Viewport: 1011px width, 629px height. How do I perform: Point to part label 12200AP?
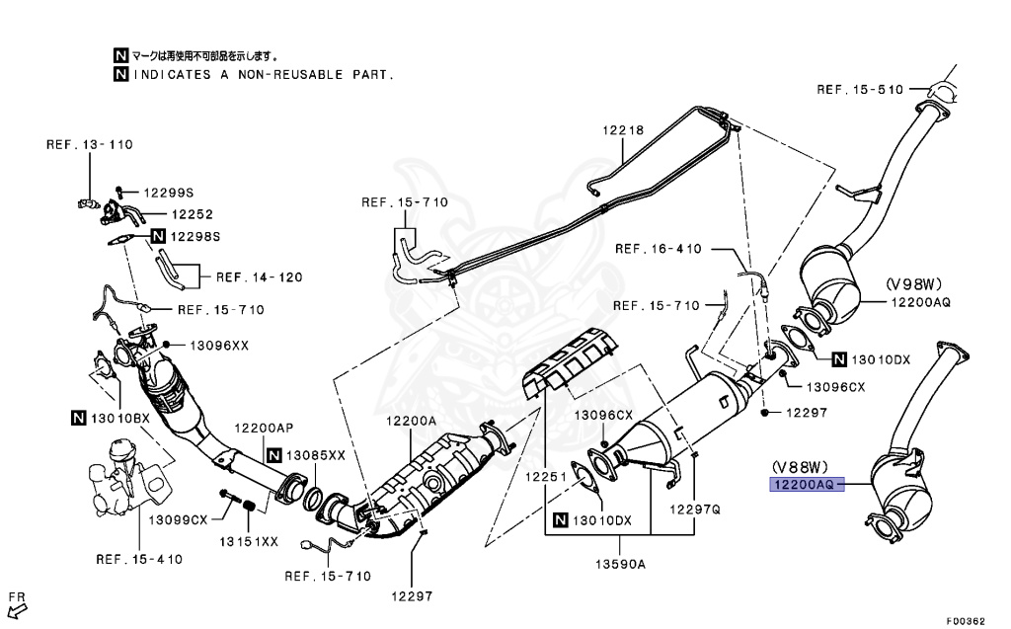point(264,428)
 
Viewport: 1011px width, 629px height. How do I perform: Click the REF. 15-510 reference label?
point(860,89)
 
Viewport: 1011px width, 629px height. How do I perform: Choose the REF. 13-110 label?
point(89,144)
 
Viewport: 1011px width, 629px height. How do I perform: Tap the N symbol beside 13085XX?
point(272,455)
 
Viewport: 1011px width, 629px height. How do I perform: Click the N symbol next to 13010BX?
point(79,418)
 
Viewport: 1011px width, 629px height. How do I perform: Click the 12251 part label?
point(543,476)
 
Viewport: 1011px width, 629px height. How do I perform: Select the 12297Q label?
point(696,510)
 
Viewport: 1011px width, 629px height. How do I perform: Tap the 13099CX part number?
point(179,519)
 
